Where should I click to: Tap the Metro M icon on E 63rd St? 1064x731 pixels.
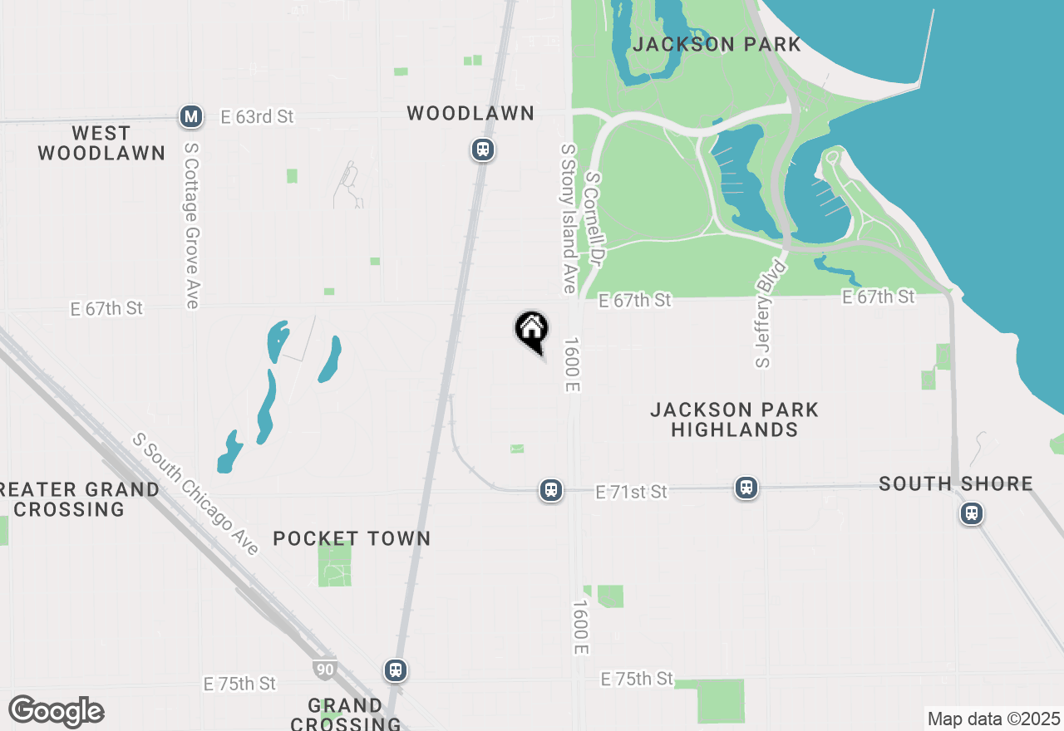click(192, 117)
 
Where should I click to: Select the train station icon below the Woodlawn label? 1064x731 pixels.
click(482, 150)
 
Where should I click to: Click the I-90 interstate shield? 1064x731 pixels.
click(325, 668)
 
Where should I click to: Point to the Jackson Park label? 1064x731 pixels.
click(717, 45)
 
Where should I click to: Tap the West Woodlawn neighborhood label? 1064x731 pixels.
click(101, 143)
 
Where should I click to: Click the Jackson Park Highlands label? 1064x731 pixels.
click(734, 419)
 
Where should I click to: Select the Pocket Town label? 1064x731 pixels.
click(352, 538)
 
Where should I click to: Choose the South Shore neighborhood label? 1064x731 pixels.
click(956, 483)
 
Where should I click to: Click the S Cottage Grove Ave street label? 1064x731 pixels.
click(192, 225)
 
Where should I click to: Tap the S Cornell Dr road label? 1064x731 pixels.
click(594, 219)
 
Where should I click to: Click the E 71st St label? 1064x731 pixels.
click(632, 493)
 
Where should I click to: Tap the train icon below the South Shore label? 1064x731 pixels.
click(971, 513)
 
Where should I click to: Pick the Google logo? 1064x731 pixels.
click(56, 712)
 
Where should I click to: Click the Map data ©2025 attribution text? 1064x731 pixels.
click(993, 719)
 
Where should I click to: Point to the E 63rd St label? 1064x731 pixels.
click(257, 117)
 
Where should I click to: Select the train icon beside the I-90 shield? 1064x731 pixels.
click(396, 670)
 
